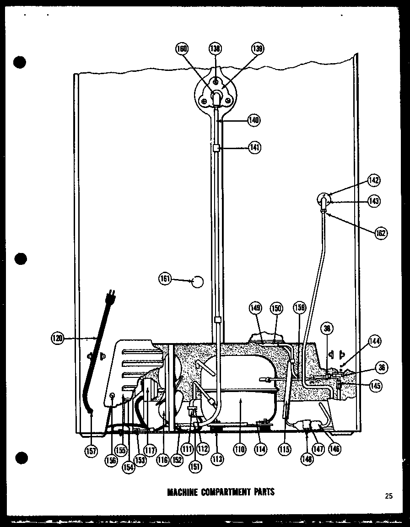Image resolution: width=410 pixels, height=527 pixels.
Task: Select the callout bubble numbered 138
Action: [x=216, y=48]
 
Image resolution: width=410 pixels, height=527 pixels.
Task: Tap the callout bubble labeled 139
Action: [x=258, y=48]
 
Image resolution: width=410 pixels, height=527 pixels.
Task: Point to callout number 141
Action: [x=255, y=147]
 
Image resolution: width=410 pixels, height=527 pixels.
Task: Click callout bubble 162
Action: [x=380, y=233]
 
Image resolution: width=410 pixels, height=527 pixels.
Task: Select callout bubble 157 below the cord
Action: [x=92, y=452]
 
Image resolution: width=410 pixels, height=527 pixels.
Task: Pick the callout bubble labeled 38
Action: [x=328, y=328]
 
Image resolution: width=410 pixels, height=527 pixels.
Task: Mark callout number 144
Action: [x=375, y=341]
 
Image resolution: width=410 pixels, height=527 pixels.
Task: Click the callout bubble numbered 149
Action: [x=255, y=308]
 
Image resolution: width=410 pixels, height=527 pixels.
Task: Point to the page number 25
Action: [x=389, y=495]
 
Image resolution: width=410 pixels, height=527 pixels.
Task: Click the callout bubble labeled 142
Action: [x=374, y=180]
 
